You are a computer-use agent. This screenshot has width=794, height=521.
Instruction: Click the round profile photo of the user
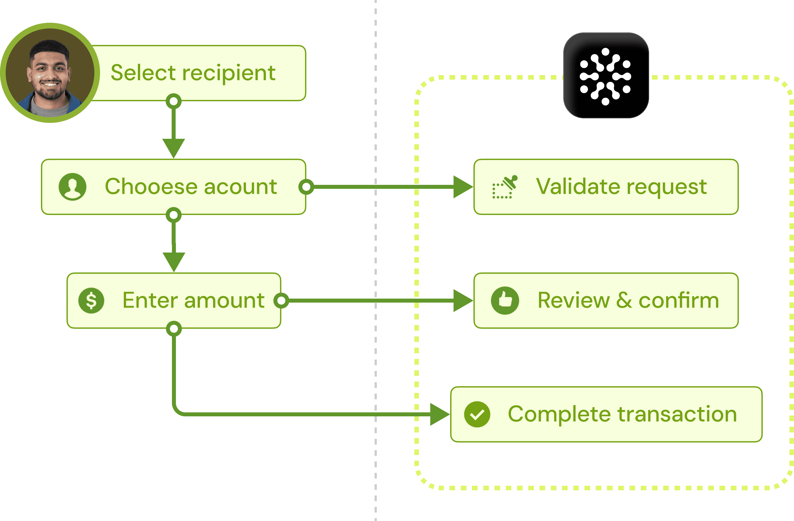click(x=50, y=73)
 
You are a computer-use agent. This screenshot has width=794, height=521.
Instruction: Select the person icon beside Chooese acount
click(x=72, y=187)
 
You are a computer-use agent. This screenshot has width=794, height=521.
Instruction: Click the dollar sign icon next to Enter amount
click(x=91, y=300)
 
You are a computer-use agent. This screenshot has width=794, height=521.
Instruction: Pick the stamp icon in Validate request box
click(x=505, y=187)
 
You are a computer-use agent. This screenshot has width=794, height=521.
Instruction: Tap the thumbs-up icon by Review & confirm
click(x=505, y=300)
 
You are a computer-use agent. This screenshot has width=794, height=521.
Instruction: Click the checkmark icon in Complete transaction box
click(x=477, y=414)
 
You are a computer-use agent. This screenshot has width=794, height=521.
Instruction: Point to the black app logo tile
click(x=606, y=75)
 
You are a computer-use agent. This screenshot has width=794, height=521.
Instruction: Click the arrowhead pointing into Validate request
click(x=463, y=187)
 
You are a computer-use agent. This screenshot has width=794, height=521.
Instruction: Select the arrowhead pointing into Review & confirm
click(x=463, y=300)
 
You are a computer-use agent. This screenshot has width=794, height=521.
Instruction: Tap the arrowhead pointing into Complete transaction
click(x=440, y=414)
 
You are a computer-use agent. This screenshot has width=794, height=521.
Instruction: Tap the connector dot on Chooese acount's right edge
click(x=306, y=187)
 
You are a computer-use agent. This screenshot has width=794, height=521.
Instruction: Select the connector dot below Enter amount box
click(x=174, y=329)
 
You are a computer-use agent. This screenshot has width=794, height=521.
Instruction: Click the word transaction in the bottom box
click(x=677, y=414)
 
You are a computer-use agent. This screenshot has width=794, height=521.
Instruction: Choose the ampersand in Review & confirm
click(x=624, y=300)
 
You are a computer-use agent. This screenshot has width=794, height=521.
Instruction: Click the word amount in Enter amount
click(x=224, y=300)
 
